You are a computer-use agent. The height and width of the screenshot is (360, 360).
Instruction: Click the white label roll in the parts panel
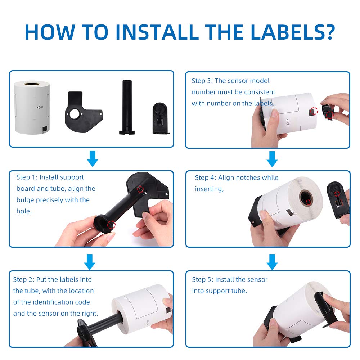click(32, 107)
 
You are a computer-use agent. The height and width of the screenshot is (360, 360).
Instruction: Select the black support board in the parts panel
click(84, 112)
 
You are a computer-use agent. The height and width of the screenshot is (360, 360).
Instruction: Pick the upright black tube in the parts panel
click(127, 107)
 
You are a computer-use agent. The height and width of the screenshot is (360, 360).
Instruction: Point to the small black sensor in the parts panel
click(161, 118)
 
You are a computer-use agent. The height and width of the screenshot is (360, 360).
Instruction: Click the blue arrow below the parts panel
click(93, 159)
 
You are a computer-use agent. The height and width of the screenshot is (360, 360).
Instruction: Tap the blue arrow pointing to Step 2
click(90, 262)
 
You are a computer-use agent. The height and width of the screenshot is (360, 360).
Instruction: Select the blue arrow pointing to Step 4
click(272, 159)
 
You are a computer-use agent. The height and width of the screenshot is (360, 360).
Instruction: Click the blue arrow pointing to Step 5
click(272, 262)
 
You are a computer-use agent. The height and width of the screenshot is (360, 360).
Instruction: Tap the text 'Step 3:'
click(202, 81)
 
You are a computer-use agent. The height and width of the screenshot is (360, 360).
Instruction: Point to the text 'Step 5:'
click(203, 279)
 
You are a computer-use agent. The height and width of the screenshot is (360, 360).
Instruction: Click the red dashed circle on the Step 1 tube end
click(111, 225)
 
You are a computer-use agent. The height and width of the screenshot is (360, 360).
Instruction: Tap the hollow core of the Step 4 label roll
click(306, 198)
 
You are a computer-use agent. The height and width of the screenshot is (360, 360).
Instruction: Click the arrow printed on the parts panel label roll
click(40, 107)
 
